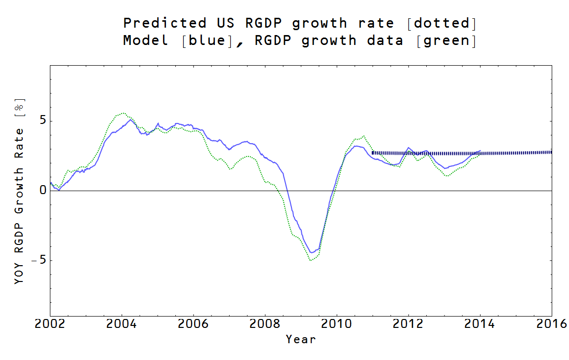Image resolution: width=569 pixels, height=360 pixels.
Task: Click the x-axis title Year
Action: [300, 339]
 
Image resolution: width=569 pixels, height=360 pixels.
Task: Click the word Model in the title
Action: [146, 40]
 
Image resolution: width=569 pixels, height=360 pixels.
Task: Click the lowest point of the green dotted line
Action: [310, 260]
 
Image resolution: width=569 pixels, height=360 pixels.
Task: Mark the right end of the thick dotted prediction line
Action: [551, 152]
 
